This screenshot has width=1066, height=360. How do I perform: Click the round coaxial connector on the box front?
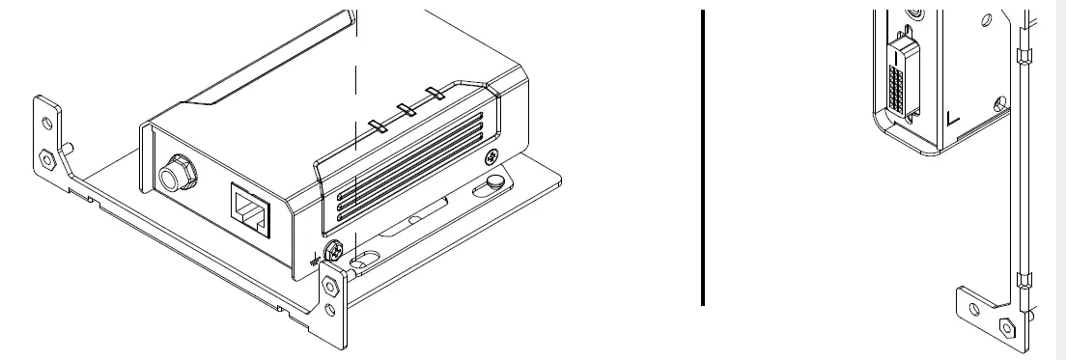[177, 176]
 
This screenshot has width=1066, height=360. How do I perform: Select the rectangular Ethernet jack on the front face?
[249, 204]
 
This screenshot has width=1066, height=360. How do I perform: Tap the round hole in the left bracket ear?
[43, 121]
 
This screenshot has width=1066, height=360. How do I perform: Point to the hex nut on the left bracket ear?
[45, 155]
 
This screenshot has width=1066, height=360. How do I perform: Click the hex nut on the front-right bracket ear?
[330, 285]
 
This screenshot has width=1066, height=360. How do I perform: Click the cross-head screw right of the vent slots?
[492, 155]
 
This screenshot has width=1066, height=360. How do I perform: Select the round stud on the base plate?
[493, 180]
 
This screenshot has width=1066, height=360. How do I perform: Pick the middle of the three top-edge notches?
[407, 110]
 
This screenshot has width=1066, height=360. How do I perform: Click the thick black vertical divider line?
[703, 154]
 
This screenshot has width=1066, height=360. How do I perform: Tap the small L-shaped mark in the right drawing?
[953, 119]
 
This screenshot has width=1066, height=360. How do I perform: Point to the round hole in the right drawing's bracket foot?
[973, 310]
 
